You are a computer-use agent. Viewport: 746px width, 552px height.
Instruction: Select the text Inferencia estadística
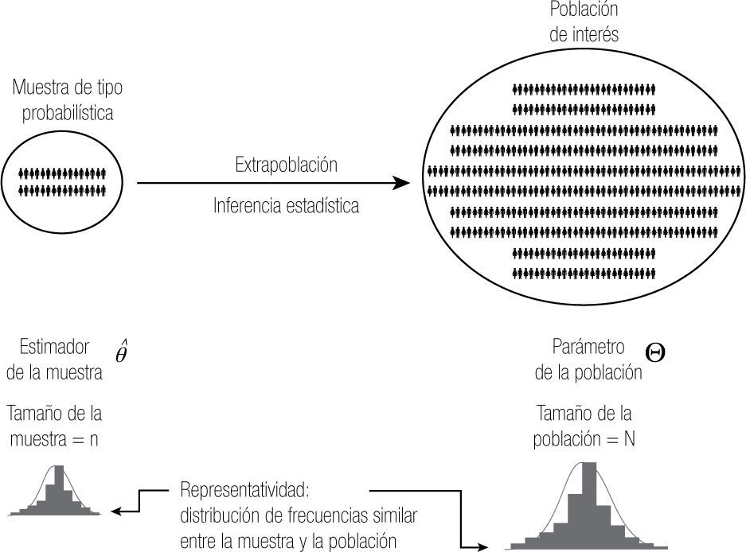[x=286, y=206]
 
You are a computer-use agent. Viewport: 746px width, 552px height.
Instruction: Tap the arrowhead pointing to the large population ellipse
[x=403, y=184]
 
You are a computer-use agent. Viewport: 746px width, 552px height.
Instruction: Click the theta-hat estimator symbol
[x=121, y=352]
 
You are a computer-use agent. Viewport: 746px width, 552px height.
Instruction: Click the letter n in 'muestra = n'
[x=94, y=439]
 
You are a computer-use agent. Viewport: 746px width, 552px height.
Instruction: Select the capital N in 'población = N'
[x=629, y=439]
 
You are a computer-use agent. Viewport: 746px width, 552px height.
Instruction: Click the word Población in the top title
[x=584, y=11]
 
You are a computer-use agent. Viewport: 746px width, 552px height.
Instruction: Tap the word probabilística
[x=68, y=112]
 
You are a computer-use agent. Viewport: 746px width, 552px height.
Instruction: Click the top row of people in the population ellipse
[x=584, y=88]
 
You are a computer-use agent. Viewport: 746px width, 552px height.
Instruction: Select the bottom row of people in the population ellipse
[x=584, y=274]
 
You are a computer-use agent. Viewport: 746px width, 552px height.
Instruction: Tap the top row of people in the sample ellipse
[x=62, y=172]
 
